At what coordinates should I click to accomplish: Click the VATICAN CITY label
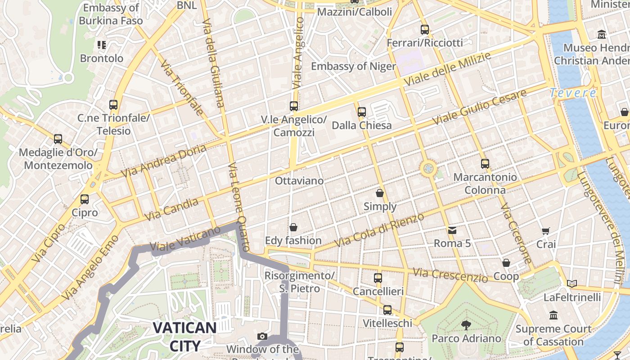[x=184, y=337]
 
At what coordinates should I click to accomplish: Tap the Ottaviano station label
[x=299, y=181]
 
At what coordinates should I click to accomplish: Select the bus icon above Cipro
[x=84, y=199]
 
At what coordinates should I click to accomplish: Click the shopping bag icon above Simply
[x=380, y=193]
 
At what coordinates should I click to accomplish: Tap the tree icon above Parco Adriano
[x=466, y=325]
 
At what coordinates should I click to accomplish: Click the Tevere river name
[x=572, y=93]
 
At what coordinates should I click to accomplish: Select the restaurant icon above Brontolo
[x=102, y=45]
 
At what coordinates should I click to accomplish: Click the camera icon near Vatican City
[x=262, y=336]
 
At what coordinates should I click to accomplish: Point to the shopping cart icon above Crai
[x=546, y=231]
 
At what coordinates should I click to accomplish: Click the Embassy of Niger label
[x=353, y=67]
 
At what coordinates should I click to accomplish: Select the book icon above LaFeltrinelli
[x=571, y=283]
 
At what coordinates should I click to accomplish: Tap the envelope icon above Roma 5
[x=452, y=230]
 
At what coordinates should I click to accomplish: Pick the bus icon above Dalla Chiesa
[x=361, y=112]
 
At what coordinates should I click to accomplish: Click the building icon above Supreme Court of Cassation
[x=553, y=315]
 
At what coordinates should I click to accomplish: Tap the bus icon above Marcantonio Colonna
[x=485, y=164]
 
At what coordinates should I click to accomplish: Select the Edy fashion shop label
[x=293, y=240]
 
